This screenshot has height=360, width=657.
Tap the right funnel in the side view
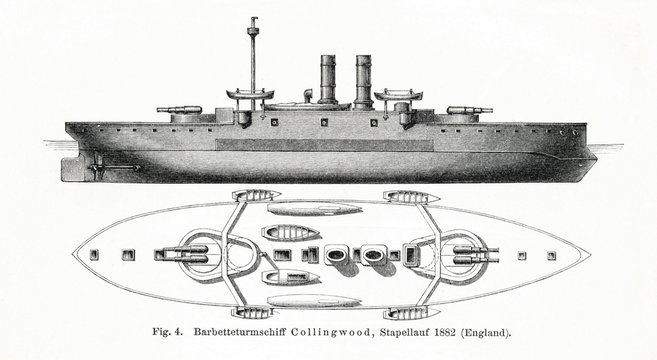362,80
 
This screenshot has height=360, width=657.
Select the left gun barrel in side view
170,108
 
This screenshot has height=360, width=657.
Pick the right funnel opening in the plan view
374,254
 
